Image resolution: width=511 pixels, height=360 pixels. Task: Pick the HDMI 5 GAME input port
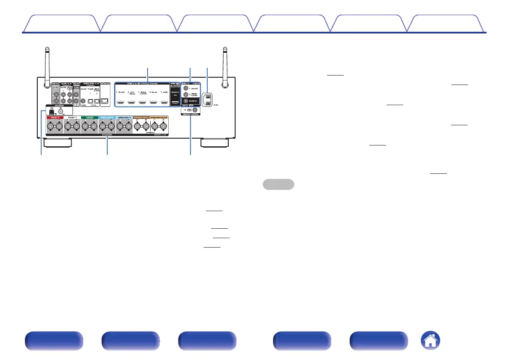click(x=164, y=103)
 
